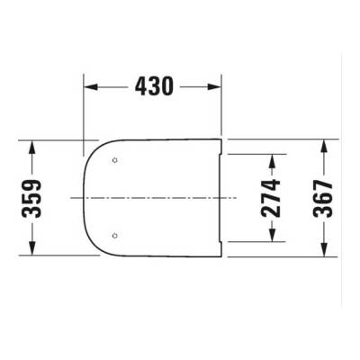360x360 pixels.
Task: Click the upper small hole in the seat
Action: (x=114, y=159)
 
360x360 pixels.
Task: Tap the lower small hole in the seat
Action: (x=114, y=235)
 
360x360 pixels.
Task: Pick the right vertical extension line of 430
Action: (x=221, y=108)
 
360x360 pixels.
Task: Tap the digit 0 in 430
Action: (x=167, y=86)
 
